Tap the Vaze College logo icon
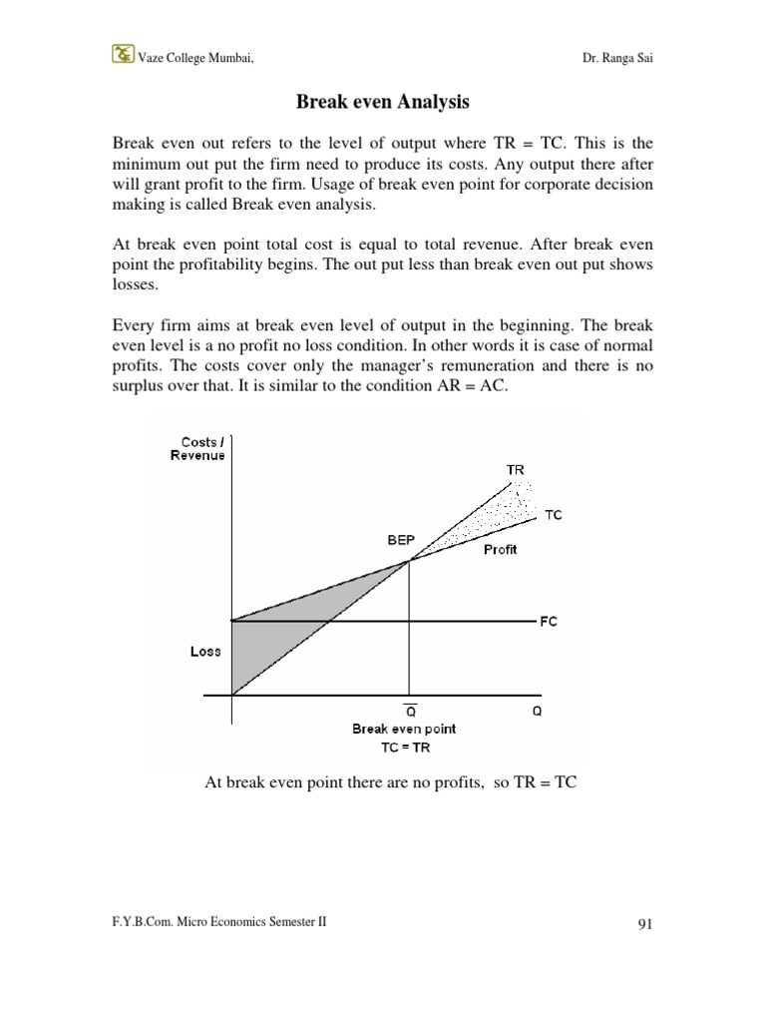[123, 56]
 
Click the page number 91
[643, 925]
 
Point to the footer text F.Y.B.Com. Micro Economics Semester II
[219, 923]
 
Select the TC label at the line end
[553, 515]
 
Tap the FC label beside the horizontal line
[549, 621]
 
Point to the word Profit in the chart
[500, 550]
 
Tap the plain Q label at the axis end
[537, 713]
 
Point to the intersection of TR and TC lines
[408, 561]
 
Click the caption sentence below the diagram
[391, 783]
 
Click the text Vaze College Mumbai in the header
[194, 58]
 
